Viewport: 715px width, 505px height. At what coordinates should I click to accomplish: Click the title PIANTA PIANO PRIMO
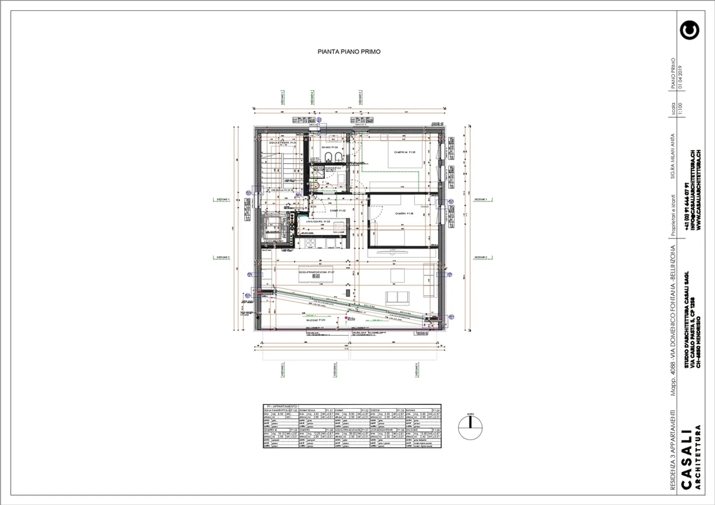tap(349, 52)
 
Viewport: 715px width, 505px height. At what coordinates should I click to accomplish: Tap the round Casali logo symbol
tap(689, 30)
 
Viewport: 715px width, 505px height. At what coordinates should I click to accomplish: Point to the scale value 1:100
tap(680, 109)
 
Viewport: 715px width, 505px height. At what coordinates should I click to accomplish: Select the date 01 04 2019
tap(680, 77)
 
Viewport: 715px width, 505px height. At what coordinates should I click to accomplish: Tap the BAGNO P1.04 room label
tap(330, 147)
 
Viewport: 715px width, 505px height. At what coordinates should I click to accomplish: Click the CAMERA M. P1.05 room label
tap(405, 152)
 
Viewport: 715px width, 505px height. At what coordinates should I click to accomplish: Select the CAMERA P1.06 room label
tap(404, 214)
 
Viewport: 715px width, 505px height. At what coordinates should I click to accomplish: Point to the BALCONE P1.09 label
tap(315, 320)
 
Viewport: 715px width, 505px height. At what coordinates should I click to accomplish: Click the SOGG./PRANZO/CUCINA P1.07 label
tap(316, 272)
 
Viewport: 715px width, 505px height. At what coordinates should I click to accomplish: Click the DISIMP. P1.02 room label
tap(338, 211)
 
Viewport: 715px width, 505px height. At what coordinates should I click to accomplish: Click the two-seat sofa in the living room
tap(398, 297)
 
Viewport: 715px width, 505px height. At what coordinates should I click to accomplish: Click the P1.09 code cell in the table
tap(435, 430)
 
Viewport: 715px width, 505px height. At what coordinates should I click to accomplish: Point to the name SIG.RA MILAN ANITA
tap(673, 156)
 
